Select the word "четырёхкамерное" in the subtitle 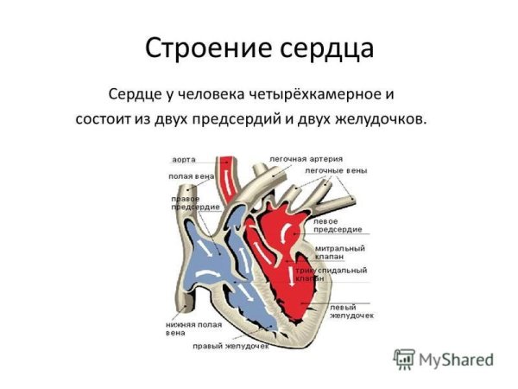coord(326,92)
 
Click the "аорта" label coord(183,160)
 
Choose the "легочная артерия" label coord(306,160)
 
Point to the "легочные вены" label coord(336,171)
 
